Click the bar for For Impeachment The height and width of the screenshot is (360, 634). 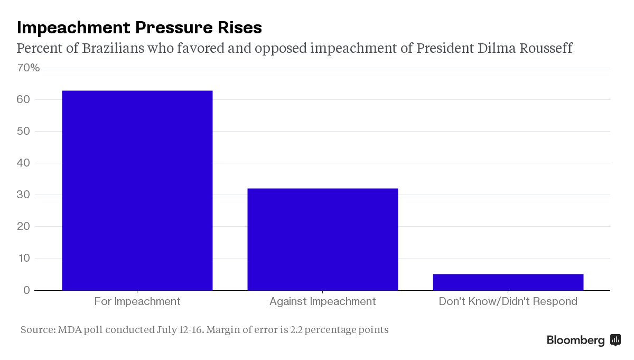coord(137,190)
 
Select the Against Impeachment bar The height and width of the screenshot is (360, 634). coord(322,239)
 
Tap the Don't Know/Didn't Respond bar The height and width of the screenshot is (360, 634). coord(508,282)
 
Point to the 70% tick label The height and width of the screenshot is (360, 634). coord(29,68)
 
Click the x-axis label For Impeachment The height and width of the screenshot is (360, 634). coord(137,302)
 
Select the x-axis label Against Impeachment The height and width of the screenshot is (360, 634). coord(322,302)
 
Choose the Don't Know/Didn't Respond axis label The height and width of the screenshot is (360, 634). coord(508,302)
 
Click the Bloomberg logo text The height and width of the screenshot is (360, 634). coord(575,340)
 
